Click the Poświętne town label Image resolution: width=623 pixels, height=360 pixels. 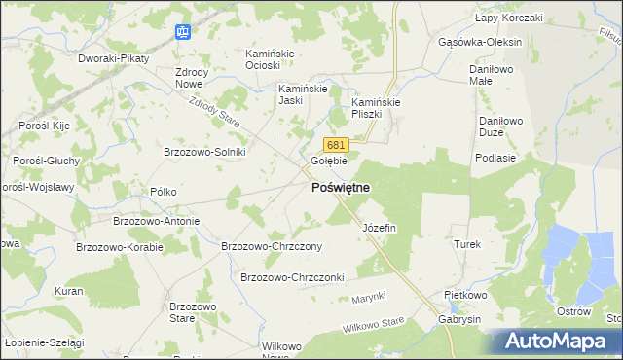(340, 188)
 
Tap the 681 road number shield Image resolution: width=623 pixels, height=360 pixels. (335, 145)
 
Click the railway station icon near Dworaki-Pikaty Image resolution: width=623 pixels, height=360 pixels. (182, 32)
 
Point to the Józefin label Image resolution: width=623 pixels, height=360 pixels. (380, 228)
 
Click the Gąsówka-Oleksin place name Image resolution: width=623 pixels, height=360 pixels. (481, 43)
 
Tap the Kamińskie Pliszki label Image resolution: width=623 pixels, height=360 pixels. (377, 108)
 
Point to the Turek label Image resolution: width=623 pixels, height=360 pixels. (467, 245)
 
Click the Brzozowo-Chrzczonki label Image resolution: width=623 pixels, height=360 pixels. (293, 277)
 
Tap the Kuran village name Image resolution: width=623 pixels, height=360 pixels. (68, 291)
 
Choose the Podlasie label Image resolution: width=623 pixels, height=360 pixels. (494, 157)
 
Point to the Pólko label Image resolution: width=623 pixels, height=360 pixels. (163, 192)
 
